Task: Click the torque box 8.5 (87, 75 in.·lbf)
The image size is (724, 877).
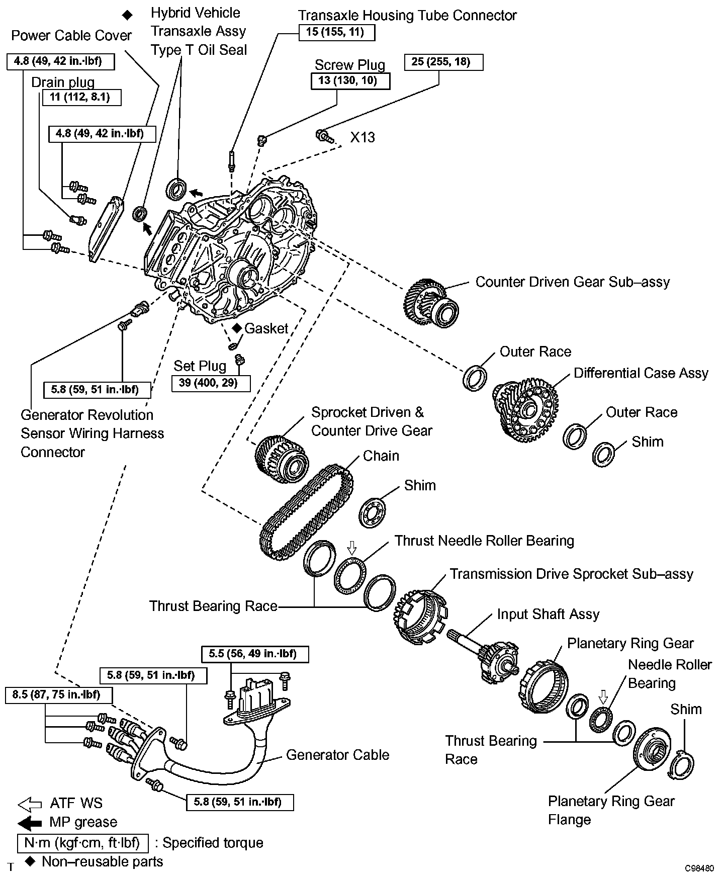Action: pyautogui.click(x=59, y=695)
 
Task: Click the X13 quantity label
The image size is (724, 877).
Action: pyautogui.click(x=363, y=137)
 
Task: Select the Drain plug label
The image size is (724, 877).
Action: pyautogui.click(x=63, y=82)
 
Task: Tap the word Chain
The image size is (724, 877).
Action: pyautogui.click(x=381, y=456)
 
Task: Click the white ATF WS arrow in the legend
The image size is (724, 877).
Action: pyautogui.click(x=30, y=805)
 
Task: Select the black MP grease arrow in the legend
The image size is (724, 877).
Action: pyautogui.click(x=30, y=823)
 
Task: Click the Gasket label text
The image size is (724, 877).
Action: pyautogui.click(x=266, y=329)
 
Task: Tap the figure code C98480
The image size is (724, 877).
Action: pyautogui.click(x=698, y=869)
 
